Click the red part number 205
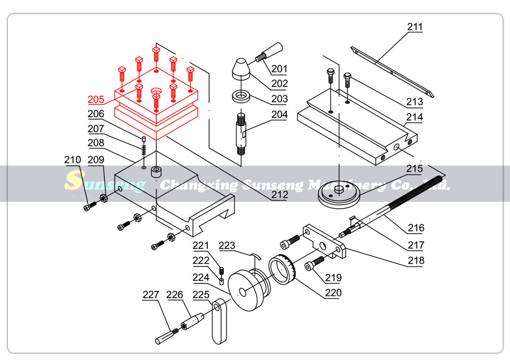click(96, 100)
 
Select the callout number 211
click(415, 27)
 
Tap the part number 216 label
click(415, 228)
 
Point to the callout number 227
click(151, 295)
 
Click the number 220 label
click(333, 293)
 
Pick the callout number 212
click(279, 195)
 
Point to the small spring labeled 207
click(144, 150)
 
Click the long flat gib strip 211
click(391, 71)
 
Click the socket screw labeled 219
click(317, 262)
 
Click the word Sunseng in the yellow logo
click(105, 183)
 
